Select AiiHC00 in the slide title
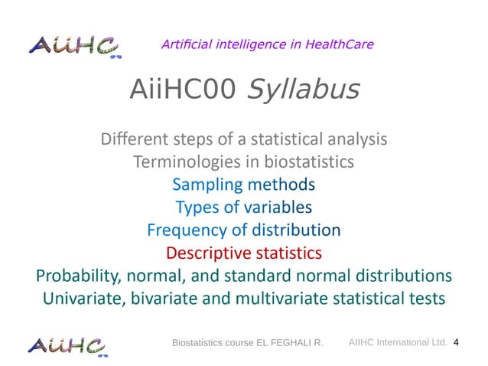tap(181, 90)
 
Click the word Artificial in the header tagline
tap(188, 44)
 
